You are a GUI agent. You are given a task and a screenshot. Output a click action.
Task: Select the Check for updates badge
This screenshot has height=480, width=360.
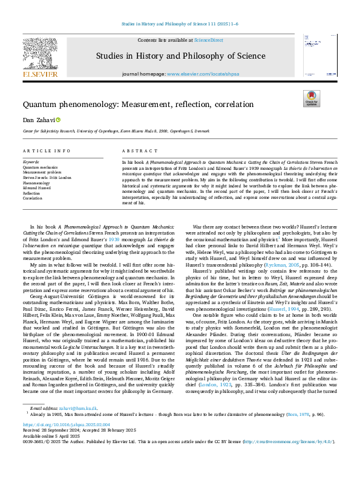coord(310,99)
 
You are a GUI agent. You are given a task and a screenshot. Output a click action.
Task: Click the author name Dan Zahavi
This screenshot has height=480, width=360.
coord(36,120)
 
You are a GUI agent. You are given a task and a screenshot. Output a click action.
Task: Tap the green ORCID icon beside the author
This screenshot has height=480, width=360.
coord(59,120)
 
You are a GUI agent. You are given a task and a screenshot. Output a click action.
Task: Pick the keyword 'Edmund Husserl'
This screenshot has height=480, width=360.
coord(36,188)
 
